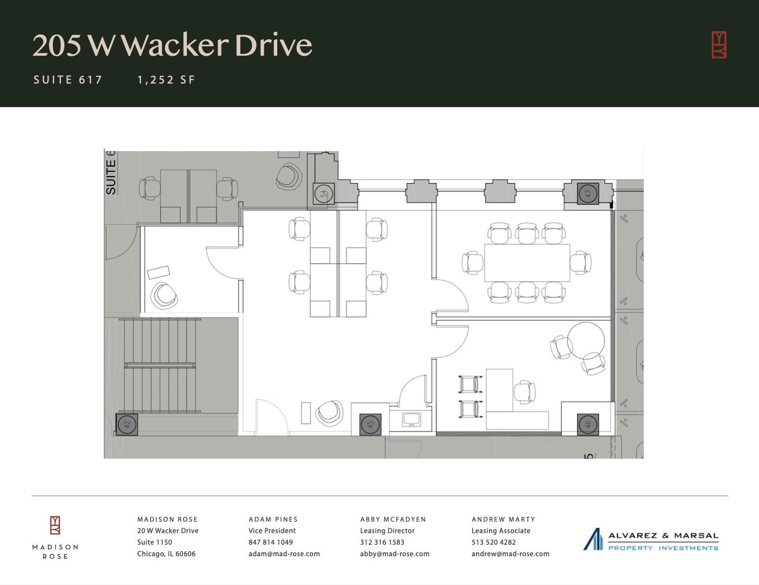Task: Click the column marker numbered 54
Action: [x=324, y=194]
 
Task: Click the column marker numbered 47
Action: [x=588, y=194]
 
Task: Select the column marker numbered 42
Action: [x=127, y=425]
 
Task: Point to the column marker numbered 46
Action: [x=588, y=425]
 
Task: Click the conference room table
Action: [x=527, y=263]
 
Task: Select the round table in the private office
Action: [x=586, y=340]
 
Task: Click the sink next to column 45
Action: [x=412, y=419]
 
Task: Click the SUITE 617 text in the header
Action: [x=68, y=80]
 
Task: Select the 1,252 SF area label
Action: [x=166, y=80]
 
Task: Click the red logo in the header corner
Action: [x=719, y=45]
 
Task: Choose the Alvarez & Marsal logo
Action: [x=651, y=540]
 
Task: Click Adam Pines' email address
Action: [x=284, y=554]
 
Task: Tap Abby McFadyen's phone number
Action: [x=382, y=542]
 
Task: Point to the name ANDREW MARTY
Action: [x=503, y=519]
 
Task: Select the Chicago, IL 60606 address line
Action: [x=166, y=554]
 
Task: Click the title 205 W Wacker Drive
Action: [x=172, y=45]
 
